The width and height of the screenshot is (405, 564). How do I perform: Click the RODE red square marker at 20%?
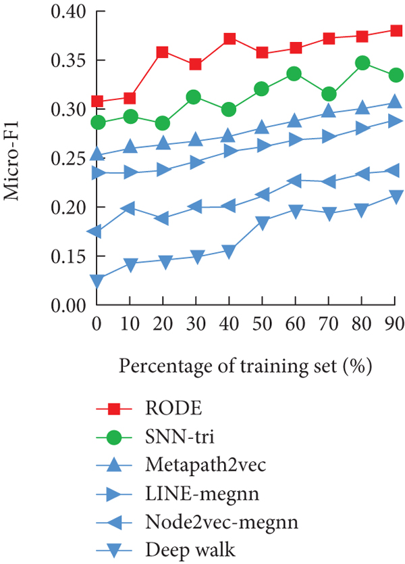163,52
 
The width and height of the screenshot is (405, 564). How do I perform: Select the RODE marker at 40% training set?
229,39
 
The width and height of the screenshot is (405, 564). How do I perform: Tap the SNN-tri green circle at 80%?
362,63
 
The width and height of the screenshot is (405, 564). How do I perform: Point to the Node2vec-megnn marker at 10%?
129,208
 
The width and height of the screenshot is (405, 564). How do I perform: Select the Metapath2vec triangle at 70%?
329,111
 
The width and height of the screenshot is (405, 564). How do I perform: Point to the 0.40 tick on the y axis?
68,11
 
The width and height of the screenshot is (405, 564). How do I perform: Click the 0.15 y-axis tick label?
68,256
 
